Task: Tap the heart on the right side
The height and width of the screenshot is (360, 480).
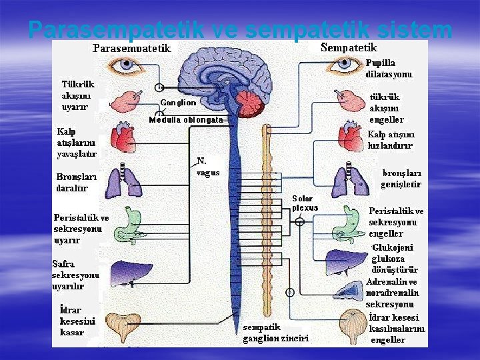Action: (349, 137)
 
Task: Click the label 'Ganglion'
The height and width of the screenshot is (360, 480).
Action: (178, 103)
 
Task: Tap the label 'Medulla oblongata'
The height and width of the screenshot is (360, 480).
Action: (185, 120)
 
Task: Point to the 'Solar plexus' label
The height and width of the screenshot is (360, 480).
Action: (305, 203)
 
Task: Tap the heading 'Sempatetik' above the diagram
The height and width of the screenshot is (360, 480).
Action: (349, 47)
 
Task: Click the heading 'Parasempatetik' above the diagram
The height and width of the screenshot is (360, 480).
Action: (132, 49)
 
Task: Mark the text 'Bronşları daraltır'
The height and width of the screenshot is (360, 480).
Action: (77, 183)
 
